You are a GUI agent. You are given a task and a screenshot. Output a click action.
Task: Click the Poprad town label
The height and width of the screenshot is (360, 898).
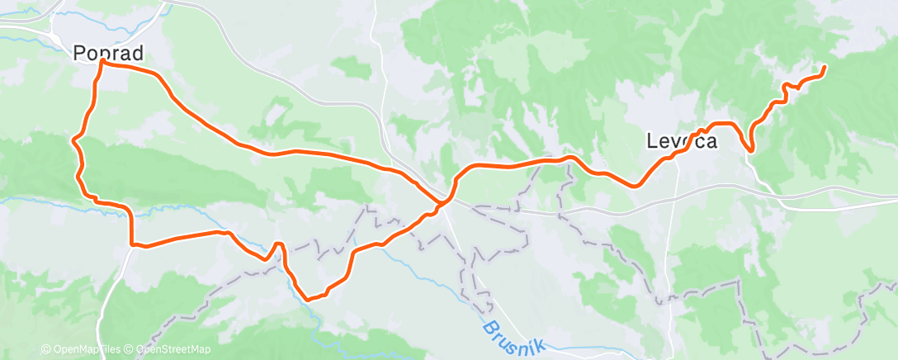108,53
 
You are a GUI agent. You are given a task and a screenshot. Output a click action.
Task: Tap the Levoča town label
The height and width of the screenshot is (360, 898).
681,141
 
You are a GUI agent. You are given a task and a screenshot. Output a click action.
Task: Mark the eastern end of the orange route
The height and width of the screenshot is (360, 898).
824,67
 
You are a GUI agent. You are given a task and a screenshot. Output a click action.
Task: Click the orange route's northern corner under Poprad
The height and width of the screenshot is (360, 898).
102,61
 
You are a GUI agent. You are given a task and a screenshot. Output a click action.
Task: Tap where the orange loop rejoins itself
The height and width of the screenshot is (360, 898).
444,200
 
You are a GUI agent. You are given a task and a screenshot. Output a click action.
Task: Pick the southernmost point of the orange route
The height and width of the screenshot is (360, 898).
307,299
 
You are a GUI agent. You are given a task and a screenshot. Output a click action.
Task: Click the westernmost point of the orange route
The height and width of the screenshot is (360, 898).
73,141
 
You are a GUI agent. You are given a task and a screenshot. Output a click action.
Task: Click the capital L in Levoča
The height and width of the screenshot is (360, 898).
651,141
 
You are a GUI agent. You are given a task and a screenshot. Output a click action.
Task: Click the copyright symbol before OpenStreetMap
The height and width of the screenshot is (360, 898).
130,349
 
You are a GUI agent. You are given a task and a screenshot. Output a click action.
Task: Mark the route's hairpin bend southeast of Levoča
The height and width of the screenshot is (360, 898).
750,149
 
